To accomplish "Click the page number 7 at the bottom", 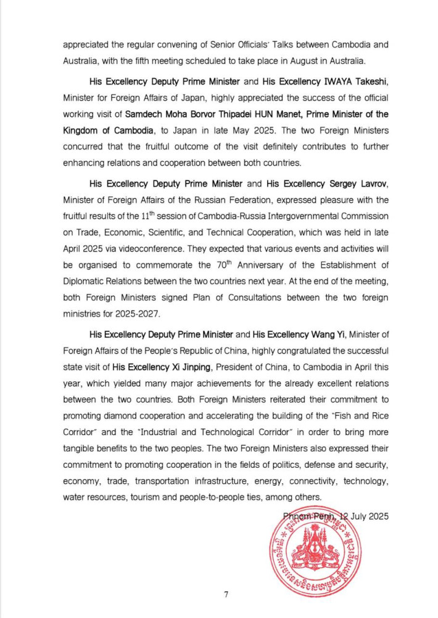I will pos(226,595).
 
